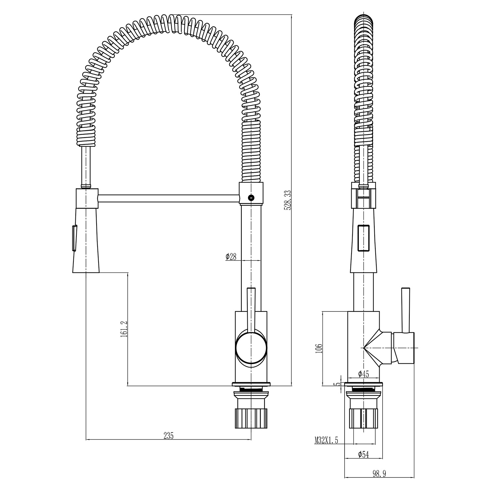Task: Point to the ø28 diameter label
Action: pos(231,256)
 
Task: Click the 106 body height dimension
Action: pos(318,348)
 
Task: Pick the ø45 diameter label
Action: pos(363,374)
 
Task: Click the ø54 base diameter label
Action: pos(363,455)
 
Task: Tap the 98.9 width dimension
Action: pos(379,474)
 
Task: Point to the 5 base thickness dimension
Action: pos(338,385)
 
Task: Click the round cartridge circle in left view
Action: pos(251,348)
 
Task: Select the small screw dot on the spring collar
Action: pos(250,198)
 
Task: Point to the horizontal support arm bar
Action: pos(169,198)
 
